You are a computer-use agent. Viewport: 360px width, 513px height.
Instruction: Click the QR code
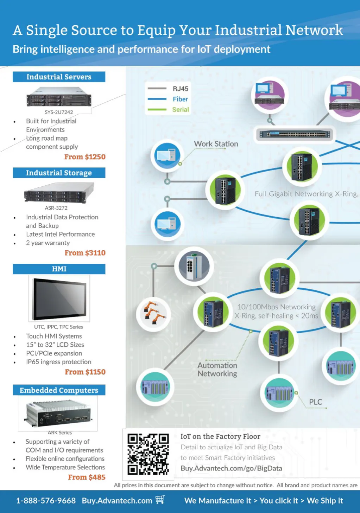148,454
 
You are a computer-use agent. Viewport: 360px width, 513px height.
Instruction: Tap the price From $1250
85,157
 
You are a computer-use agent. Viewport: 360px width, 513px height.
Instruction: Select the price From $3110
85,253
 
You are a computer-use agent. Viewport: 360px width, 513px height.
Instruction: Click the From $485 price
87,477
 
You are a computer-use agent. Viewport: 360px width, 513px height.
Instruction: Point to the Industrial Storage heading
59,173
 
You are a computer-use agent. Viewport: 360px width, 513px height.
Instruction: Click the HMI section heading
59,269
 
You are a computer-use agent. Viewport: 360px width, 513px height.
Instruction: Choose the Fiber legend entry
180,99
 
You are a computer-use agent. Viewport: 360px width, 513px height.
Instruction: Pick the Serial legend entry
181,110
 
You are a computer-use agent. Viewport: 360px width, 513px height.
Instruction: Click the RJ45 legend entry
180,89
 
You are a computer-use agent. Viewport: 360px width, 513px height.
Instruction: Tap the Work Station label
216,144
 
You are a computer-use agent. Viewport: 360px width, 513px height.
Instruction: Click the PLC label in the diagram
315,402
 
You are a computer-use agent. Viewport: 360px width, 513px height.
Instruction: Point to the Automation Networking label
217,370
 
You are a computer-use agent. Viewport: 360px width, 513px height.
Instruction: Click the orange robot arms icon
154,313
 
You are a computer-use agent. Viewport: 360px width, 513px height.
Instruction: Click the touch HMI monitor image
59,299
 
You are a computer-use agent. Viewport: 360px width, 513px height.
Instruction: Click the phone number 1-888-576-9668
46,501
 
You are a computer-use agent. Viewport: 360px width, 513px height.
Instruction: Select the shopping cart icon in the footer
160,500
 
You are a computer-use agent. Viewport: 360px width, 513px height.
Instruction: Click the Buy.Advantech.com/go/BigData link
231,468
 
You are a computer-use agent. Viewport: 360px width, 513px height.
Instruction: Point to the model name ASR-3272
56,208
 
